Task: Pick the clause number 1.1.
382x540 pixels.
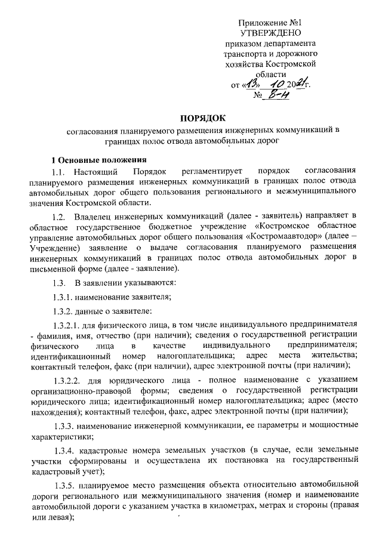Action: click(x=61, y=172)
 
